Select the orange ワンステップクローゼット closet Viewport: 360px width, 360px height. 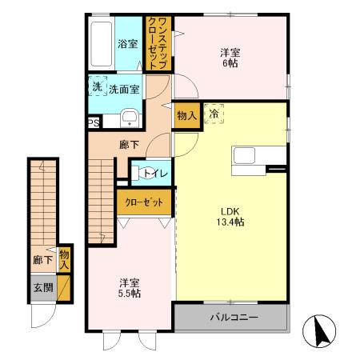point(157,44)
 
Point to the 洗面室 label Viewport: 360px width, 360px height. point(124,90)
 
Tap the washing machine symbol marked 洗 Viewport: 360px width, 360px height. point(97,86)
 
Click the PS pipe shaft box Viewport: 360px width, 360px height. point(94,122)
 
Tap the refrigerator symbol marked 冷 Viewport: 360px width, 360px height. point(214,114)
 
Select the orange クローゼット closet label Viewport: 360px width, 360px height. point(144,202)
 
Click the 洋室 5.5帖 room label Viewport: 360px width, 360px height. point(130,288)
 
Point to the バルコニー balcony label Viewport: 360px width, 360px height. point(234,318)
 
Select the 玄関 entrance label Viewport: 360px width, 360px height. point(42,286)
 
